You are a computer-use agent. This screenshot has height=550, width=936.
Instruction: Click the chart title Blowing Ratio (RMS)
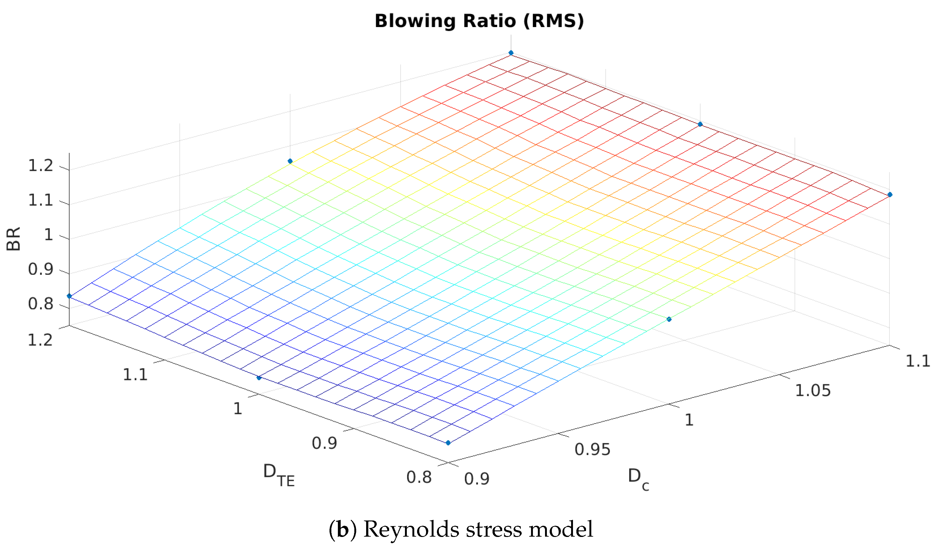pyautogui.click(x=479, y=21)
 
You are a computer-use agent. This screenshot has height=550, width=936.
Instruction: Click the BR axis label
pyautogui.click(x=14, y=239)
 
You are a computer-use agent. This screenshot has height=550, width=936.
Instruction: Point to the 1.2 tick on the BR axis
pyautogui.click(x=41, y=165)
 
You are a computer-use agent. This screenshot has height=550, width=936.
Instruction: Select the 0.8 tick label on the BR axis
pyautogui.click(x=41, y=304)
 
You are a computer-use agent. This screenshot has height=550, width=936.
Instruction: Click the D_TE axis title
pyautogui.click(x=279, y=474)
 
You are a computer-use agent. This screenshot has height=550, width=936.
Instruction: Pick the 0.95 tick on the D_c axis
pyautogui.click(x=593, y=450)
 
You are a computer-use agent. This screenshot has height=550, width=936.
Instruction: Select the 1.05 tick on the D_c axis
pyautogui.click(x=813, y=391)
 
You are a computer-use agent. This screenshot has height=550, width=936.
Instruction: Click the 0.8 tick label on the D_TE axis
pyautogui.click(x=419, y=477)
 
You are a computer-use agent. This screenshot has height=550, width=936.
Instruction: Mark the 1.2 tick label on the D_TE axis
pyautogui.click(x=40, y=340)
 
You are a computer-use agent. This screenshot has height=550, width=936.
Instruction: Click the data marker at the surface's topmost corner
pyautogui.click(x=511, y=53)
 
